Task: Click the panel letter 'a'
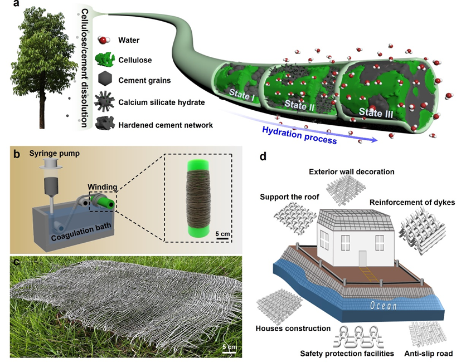pos(7,7)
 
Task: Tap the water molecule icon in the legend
pos(104,40)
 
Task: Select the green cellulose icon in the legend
pos(104,60)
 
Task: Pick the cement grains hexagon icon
pos(104,80)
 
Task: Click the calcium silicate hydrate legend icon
pos(104,102)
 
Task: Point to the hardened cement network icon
pos(104,124)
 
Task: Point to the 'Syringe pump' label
pos(46,154)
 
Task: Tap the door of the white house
pos(362,258)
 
